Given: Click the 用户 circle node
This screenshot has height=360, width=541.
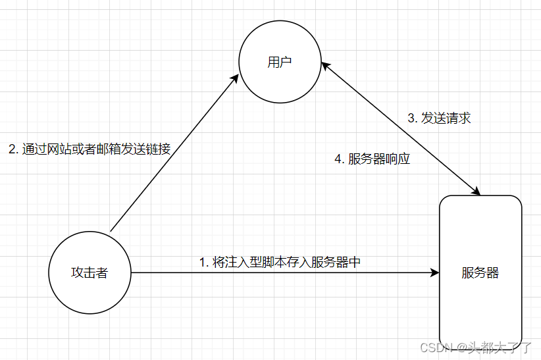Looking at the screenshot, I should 280,63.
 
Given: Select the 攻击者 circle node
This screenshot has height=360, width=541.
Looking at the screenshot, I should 90,272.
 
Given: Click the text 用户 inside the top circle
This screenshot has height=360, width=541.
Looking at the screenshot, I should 280,63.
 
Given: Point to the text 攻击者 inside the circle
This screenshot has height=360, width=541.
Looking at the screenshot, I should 90,272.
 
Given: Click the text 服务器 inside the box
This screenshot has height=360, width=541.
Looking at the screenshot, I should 480,272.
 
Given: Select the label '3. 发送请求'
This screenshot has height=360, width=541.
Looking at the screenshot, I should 439,118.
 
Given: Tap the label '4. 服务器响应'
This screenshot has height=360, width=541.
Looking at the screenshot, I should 373,159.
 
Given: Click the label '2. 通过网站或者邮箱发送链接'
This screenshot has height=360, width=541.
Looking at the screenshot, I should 90,149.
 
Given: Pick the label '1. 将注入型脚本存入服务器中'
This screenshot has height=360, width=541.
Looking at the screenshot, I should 280,261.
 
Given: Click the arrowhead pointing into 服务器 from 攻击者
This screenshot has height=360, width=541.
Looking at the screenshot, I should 434,272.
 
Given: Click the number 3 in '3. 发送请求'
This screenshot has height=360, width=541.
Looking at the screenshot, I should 411,118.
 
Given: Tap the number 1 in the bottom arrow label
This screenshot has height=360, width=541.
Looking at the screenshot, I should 203,262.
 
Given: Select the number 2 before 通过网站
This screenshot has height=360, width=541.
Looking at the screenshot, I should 12,149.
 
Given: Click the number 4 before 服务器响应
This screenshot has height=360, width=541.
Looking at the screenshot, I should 338,159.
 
